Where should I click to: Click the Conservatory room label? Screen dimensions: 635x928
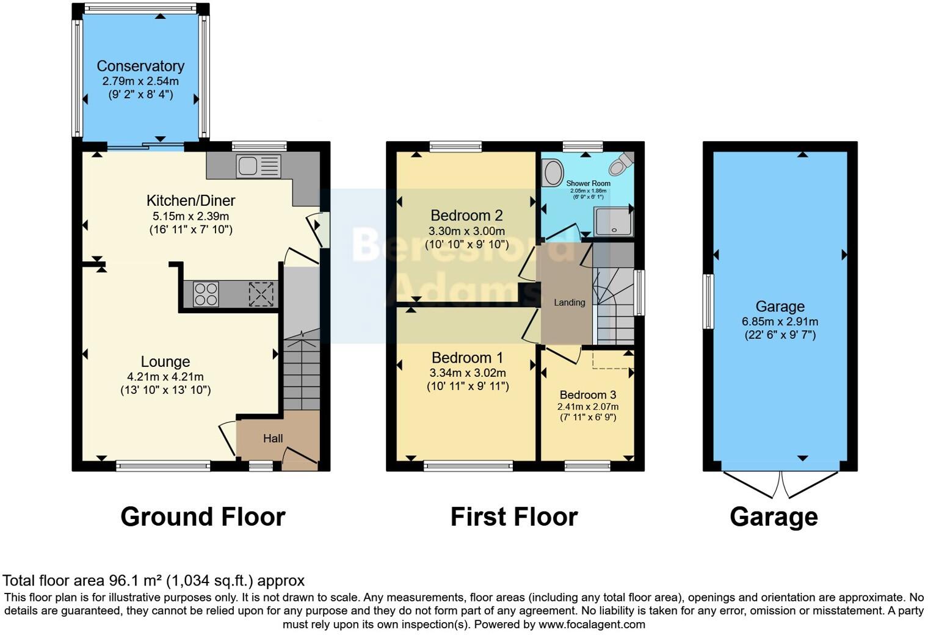point(140,66)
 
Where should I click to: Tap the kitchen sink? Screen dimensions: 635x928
point(258,165)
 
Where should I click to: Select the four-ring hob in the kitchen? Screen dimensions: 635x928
point(206,294)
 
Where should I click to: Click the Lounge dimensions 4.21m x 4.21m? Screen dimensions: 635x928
point(165,377)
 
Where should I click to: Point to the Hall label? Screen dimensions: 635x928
point(273,438)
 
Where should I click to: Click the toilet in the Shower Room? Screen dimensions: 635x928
point(622,163)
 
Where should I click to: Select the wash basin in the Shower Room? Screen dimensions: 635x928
point(553,172)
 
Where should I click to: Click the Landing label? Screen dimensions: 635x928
point(569,302)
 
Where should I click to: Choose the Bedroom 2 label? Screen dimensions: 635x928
point(466,216)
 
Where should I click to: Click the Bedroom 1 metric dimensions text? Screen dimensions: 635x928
point(468,372)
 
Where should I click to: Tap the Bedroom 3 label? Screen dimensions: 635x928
point(587,394)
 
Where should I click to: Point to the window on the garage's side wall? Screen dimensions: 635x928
point(708,302)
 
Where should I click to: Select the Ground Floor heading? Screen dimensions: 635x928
point(203,517)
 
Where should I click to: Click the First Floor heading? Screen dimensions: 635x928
point(513,517)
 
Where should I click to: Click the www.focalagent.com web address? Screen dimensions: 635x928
point(591,625)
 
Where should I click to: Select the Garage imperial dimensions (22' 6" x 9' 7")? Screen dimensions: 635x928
point(780,335)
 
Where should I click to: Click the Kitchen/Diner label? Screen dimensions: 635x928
point(190,200)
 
